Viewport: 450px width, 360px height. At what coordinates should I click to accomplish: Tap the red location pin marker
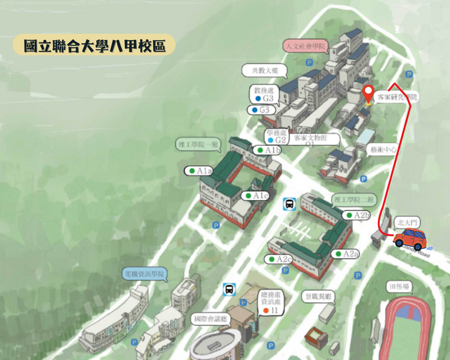pyautogui.click(x=368, y=94)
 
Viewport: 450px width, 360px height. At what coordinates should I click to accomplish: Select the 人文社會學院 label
pyautogui.click(x=305, y=46)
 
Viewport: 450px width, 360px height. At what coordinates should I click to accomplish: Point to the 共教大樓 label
pyautogui.click(x=260, y=70)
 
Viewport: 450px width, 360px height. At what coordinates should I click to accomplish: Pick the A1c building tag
pyautogui.click(x=256, y=195)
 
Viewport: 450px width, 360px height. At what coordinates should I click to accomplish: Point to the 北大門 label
pyautogui.click(x=408, y=222)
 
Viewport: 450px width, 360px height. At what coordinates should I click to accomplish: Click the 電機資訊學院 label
pyautogui.click(x=144, y=274)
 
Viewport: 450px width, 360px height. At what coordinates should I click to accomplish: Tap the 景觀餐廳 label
pyautogui.click(x=319, y=296)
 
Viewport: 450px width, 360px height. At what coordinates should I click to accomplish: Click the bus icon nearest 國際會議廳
pyautogui.click(x=228, y=289)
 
